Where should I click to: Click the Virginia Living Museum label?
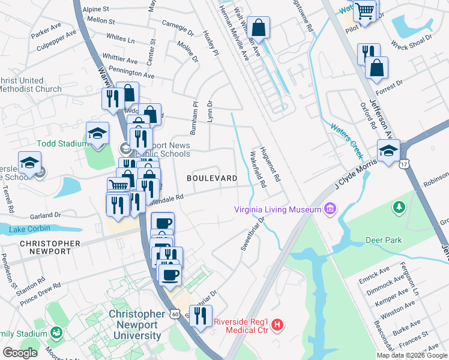[277, 209]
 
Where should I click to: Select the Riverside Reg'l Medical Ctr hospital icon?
[277, 326]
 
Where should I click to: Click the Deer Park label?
[384, 240]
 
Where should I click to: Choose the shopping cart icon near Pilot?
[364, 10]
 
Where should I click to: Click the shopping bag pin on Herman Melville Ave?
[258, 28]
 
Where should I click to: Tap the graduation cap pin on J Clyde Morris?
[388, 151]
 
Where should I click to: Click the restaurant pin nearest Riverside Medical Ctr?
[200, 315]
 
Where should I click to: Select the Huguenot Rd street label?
[268, 165]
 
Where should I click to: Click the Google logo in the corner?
[20, 353]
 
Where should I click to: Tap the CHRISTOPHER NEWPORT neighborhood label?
[50, 247]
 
